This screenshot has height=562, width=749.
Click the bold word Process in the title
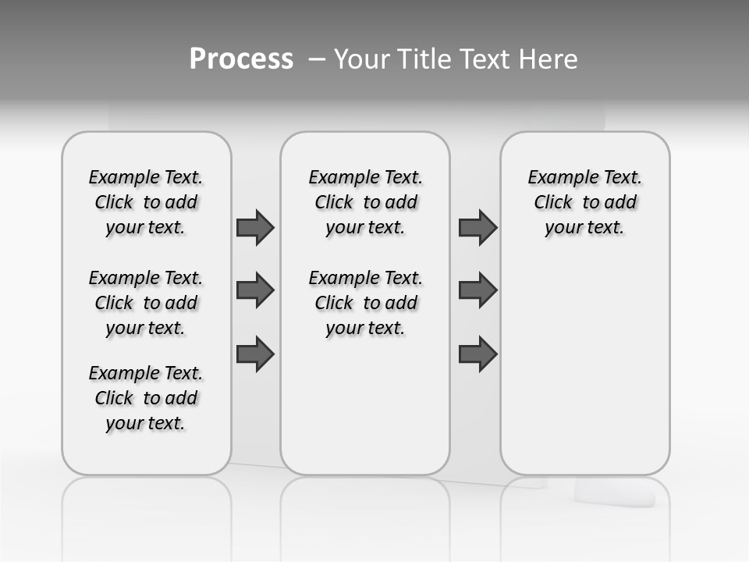[x=241, y=59]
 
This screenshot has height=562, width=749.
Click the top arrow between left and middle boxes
[x=255, y=227]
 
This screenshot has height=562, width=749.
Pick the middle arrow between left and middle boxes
[x=255, y=290]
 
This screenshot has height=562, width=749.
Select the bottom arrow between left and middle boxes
[x=255, y=354]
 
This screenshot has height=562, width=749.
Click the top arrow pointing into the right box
[x=477, y=227]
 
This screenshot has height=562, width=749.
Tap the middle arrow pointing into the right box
[x=477, y=290]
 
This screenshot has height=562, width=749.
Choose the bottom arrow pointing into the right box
[x=477, y=354]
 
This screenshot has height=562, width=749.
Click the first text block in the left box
[x=146, y=202]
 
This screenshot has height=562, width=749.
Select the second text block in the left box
[x=146, y=303]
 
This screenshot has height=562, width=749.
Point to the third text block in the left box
[x=146, y=398]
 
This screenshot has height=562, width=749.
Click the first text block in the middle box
[x=365, y=202]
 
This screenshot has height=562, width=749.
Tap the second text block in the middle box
[x=365, y=303]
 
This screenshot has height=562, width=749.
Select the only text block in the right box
[x=584, y=202]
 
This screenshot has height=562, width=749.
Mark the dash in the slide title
[x=317, y=59]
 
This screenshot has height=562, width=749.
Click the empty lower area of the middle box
[x=365, y=406]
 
